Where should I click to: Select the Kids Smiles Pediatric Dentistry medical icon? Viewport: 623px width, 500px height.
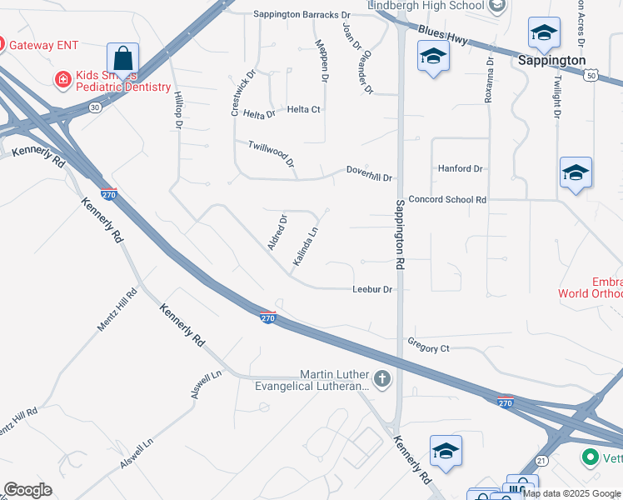(62, 80)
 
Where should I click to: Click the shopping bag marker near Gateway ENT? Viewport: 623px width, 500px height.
(122, 59)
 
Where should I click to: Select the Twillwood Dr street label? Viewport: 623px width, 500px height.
(272, 153)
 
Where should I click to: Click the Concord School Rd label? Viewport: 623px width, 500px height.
(447, 200)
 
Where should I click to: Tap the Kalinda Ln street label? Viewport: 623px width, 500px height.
(306, 247)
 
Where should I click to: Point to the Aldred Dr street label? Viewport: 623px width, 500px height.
(277, 232)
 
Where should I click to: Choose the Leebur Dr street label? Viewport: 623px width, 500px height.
(372, 289)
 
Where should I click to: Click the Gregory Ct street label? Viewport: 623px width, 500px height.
(429, 347)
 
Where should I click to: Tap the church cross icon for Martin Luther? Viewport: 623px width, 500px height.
(382, 380)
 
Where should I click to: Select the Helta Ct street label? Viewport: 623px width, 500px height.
(304, 109)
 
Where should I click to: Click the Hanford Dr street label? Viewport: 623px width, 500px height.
(461, 168)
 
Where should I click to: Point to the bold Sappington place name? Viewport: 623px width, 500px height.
(551, 61)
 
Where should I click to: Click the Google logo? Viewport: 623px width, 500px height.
(27, 490)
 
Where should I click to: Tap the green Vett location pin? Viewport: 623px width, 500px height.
(591, 457)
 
